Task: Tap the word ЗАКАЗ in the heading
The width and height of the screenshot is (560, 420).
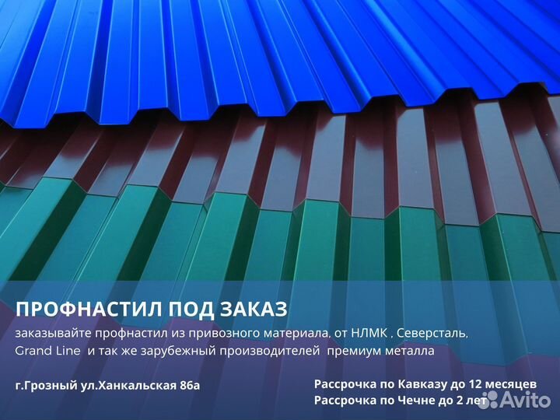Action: click(254, 310)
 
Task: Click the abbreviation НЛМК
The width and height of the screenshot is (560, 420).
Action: click(369, 333)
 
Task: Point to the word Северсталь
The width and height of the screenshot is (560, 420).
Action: click(432, 334)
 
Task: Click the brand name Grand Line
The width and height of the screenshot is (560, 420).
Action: click(47, 351)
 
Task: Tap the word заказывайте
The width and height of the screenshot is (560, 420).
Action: click(54, 334)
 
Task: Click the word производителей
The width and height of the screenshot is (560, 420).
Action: click(270, 351)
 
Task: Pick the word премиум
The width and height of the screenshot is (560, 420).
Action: click(355, 351)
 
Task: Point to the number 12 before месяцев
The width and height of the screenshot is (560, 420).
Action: click(475, 384)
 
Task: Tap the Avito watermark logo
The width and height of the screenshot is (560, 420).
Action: click(520, 399)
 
